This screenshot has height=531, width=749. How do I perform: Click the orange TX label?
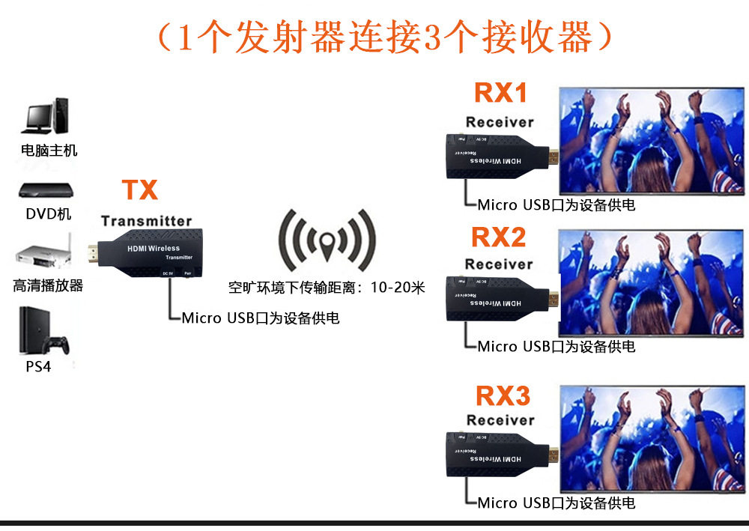(x=140, y=189)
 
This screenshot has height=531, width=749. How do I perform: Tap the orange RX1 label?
(x=501, y=93)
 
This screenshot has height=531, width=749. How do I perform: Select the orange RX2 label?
(x=499, y=237)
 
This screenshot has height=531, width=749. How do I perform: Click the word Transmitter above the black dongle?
(x=147, y=221)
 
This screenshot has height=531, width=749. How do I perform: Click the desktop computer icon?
(x=46, y=116)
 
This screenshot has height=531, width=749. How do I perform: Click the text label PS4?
(x=38, y=367)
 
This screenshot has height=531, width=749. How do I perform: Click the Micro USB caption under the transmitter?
(x=261, y=318)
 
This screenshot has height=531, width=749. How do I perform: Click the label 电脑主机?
(x=49, y=151)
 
